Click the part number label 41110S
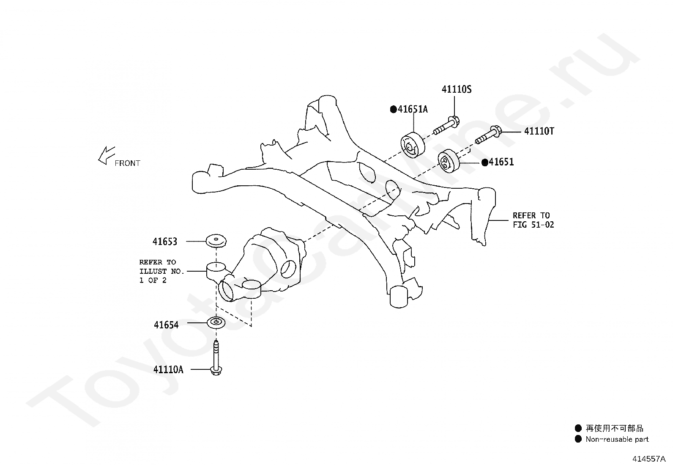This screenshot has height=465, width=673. coord(457,89)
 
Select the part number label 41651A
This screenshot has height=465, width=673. coord(413,109)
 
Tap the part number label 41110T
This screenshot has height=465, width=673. coord(539,131)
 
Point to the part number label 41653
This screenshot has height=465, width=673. coord(165,242)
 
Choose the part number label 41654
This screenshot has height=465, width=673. coord(166,325)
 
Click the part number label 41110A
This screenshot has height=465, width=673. coord(168,369)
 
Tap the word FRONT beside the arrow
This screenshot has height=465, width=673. coord(127,163)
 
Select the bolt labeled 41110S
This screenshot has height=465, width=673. coord(446,125)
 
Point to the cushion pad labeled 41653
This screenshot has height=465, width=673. coord(216,241)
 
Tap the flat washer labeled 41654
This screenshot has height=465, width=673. coord(216,323)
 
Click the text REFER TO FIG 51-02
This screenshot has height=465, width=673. coord(533,220)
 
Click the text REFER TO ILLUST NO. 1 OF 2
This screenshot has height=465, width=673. coord(161,271)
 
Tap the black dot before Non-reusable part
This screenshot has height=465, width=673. coord(578,439)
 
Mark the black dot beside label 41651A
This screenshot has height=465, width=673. coord(393,109)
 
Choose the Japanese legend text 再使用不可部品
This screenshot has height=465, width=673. coord(614,428)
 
